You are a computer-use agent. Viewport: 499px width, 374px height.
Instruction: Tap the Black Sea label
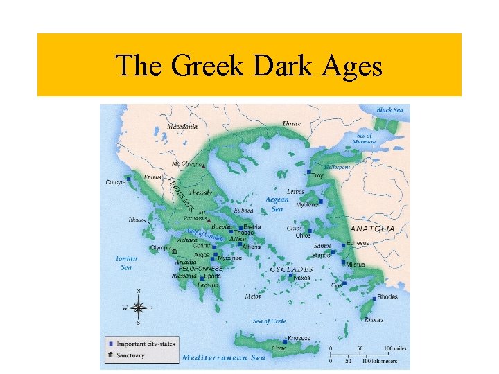pos(389,110)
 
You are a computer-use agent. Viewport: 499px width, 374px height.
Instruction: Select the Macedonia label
pos(182,127)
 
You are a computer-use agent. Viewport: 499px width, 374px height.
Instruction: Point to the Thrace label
pos(291,124)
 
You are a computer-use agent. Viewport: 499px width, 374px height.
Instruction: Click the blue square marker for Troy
pos(308,170)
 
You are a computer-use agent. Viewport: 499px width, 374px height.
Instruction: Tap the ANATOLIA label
pos(373,228)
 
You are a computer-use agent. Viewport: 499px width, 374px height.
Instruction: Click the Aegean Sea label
pos(277,204)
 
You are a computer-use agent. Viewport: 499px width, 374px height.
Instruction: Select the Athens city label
pos(251,247)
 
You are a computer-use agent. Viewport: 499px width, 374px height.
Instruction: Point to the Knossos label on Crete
pos(298,338)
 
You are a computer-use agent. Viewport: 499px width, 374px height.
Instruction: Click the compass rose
pos(138,306)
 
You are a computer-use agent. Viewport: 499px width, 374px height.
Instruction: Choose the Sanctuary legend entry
pos(130,355)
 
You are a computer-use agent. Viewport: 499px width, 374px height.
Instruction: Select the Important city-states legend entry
pos(145,344)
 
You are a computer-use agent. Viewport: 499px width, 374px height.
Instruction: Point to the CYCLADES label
pos(291,269)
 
